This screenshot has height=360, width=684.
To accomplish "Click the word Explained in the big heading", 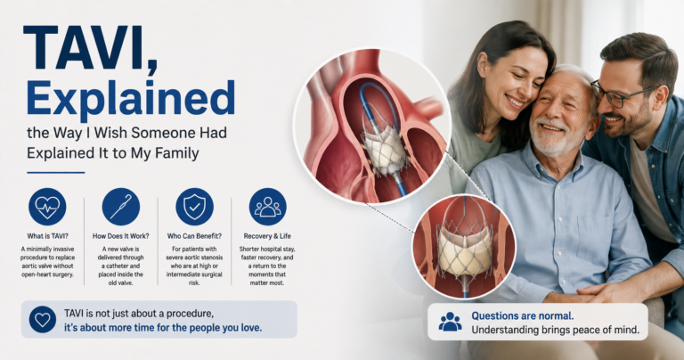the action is click(x=131, y=99).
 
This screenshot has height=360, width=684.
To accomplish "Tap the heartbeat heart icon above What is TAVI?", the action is click(x=47, y=207).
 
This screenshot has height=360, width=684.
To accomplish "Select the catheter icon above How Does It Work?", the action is click(x=121, y=207).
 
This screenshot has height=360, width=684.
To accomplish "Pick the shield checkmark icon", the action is click(x=194, y=207).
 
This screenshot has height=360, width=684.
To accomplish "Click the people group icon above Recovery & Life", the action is click(x=268, y=207).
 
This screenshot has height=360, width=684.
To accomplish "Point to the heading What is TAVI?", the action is click(x=47, y=236).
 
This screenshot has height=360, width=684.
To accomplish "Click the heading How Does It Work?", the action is click(x=121, y=236).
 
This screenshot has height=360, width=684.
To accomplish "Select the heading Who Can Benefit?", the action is click(x=194, y=236).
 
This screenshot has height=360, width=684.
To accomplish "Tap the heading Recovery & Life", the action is click(x=267, y=236).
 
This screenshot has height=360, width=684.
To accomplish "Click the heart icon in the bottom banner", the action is click(x=43, y=320).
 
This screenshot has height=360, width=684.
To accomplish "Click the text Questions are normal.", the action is click(x=523, y=316).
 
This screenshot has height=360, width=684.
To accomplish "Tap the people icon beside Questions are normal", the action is click(x=450, y=322).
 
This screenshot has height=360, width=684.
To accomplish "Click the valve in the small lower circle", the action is click(x=464, y=248).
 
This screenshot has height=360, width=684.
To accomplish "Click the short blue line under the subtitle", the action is click(x=56, y=173).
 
